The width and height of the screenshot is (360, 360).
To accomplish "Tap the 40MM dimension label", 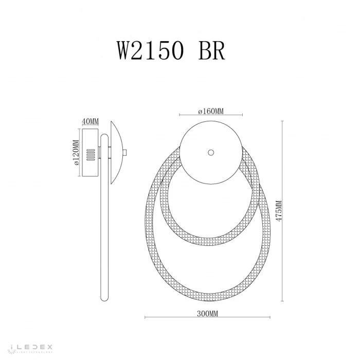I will pos(91,121).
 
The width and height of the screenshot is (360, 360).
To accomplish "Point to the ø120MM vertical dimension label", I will pos(75,153).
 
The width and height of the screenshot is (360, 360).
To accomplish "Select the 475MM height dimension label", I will pos(278,210).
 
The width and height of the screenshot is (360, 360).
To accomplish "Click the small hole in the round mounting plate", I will pos(210,153).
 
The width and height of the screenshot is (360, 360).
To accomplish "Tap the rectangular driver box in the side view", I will pos(91,153).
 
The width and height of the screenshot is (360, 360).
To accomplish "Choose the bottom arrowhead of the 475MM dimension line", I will pos(283,301).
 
